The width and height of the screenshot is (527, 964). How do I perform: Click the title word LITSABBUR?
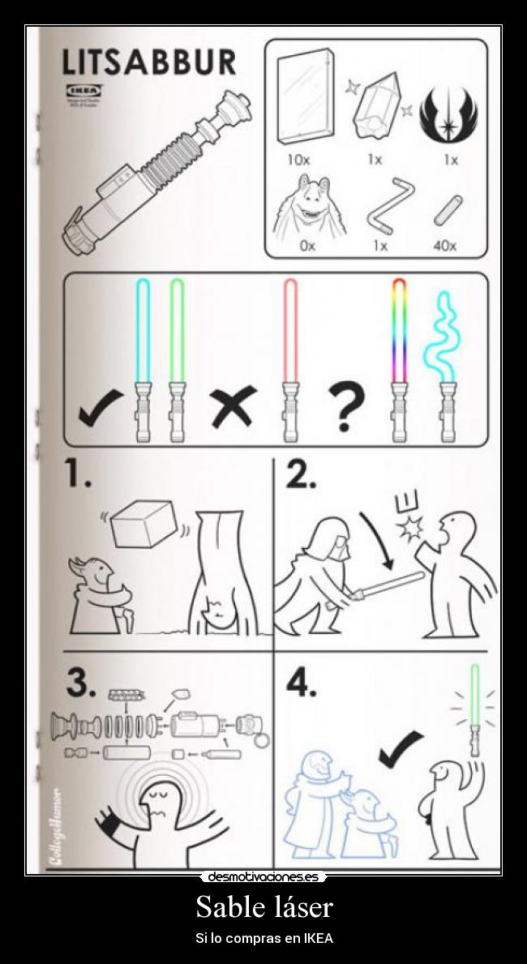(x=150, y=62)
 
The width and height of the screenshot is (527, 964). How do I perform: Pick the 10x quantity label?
(x=298, y=160)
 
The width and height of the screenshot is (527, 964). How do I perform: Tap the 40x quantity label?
(x=444, y=246)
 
